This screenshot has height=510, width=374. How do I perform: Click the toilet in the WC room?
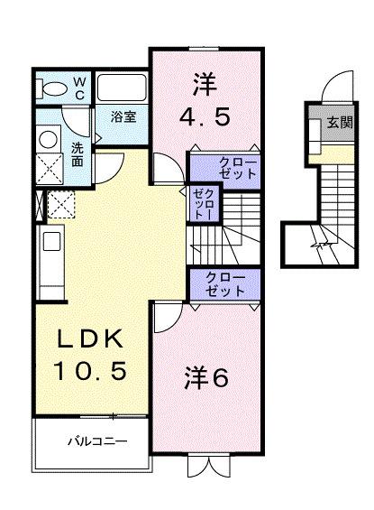click(x=56, y=88)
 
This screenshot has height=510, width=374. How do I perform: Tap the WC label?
click(x=78, y=87)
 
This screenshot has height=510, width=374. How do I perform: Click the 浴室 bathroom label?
click(x=123, y=116)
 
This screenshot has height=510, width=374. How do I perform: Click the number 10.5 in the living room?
click(x=89, y=369)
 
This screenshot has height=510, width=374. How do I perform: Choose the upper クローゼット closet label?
click(x=238, y=168)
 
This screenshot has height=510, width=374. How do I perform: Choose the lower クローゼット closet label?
click(x=225, y=284)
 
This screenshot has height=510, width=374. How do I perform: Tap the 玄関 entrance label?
click(x=339, y=122)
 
